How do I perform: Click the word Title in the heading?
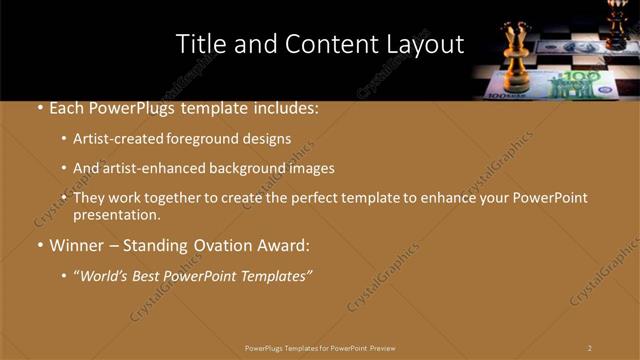click(x=199, y=44)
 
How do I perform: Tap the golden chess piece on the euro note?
click(x=517, y=61)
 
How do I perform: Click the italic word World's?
click(x=107, y=275)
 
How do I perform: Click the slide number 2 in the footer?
click(x=589, y=347)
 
